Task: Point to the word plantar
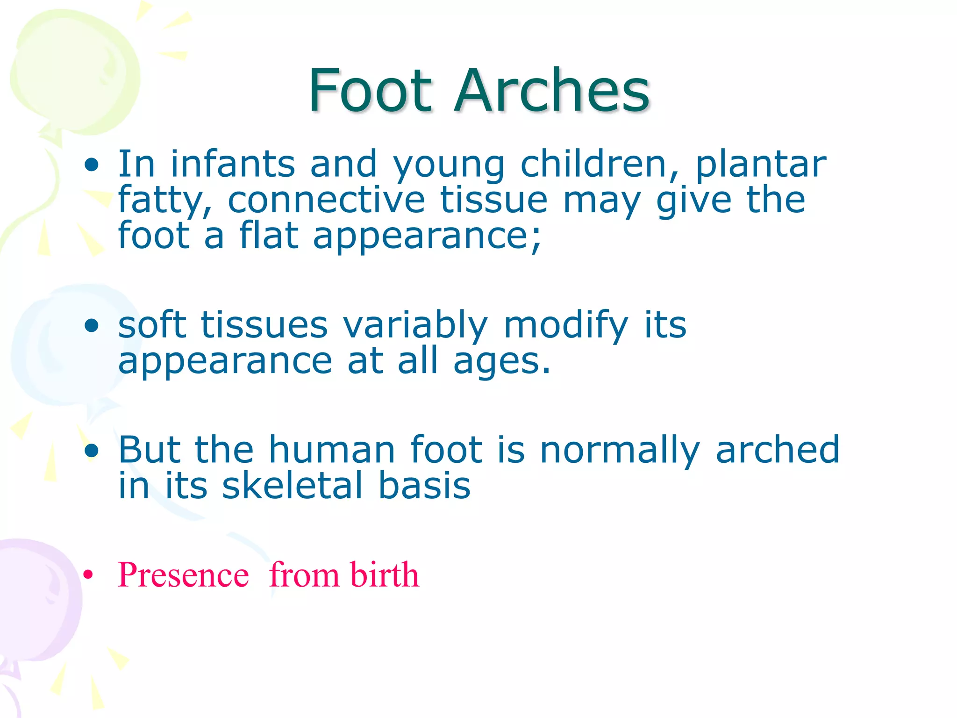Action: click(761, 165)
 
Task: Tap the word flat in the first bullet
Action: click(269, 235)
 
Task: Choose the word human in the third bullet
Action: click(332, 450)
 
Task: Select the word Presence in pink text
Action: click(183, 574)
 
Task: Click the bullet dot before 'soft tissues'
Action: click(92, 325)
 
